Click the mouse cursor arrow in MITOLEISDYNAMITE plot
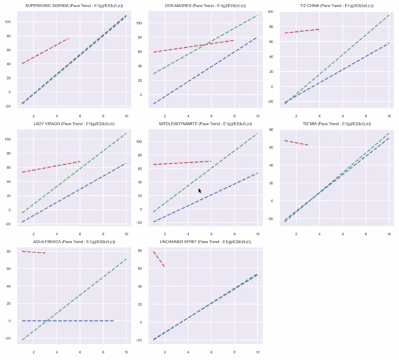click(x=199, y=191)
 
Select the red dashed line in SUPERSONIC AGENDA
click(x=45, y=51)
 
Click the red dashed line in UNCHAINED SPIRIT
click(x=159, y=259)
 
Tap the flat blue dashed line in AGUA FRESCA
click(x=66, y=321)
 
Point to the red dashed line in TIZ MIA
click(x=296, y=143)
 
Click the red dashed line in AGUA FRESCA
click(x=33, y=252)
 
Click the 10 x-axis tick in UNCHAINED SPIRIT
click(x=257, y=351)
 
